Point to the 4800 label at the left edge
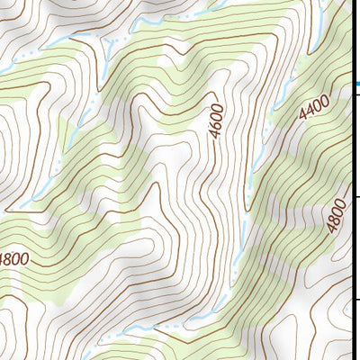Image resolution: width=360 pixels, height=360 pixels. (13, 259)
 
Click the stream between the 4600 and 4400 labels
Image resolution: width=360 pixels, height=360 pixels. (261, 153)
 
